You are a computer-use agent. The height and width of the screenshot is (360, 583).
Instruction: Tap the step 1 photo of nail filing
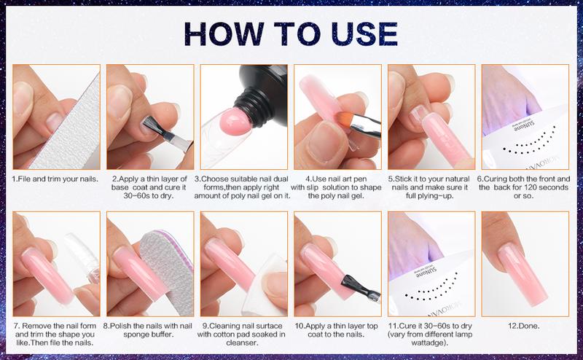coord(56,117)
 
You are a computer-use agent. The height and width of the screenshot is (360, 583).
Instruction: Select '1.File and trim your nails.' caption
coord(56,178)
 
